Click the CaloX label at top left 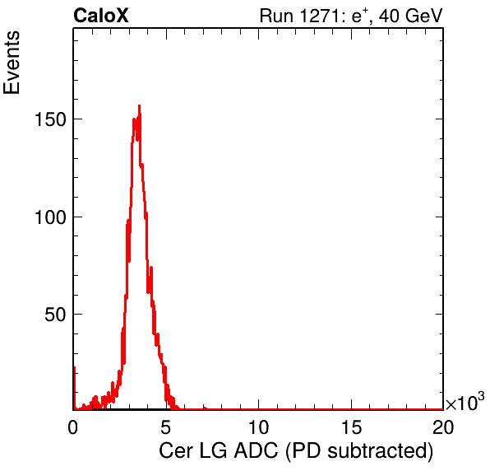coord(101,16)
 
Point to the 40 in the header coord(389,16)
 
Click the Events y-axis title coord(12,63)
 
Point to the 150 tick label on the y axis coord(50,119)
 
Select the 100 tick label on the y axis coord(50,217)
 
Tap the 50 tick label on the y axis coord(55,315)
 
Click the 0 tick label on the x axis coord(73,427)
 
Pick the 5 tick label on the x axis coord(165,427)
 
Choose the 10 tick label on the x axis coord(258,427)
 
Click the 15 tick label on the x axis coord(351,427)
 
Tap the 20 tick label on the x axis coord(443,427)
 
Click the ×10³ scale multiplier coord(465,401)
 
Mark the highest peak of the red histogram coord(140,105)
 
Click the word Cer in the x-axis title coord(176,451)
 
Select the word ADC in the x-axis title coord(256,451)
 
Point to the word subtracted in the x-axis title coord(377,451)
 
